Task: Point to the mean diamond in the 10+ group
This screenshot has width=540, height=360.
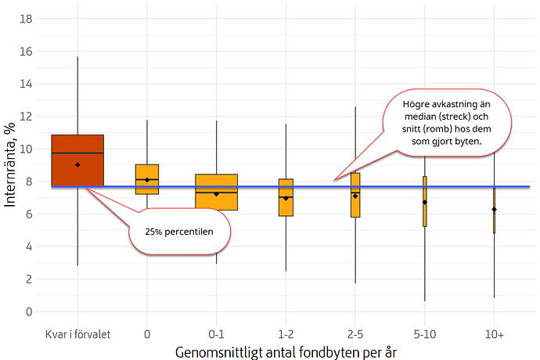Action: click(x=494, y=210)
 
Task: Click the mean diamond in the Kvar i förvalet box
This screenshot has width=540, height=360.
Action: click(x=77, y=165)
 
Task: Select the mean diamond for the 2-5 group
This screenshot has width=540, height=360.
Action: click(x=355, y=196)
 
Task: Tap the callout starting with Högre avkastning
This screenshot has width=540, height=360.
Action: click(x=447, y=122)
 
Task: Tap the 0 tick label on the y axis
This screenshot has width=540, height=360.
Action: click(x=30, y=311)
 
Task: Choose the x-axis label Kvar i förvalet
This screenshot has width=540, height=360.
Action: click(x=77, y=333)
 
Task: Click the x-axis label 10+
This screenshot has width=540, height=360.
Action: click(x=494, y=333)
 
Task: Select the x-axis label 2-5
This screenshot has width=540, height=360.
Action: click(x=355, y=333)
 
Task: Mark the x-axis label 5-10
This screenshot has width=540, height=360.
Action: click(x=424, y=333)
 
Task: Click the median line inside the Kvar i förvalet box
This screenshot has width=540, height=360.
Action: click(x=77, y=153)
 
